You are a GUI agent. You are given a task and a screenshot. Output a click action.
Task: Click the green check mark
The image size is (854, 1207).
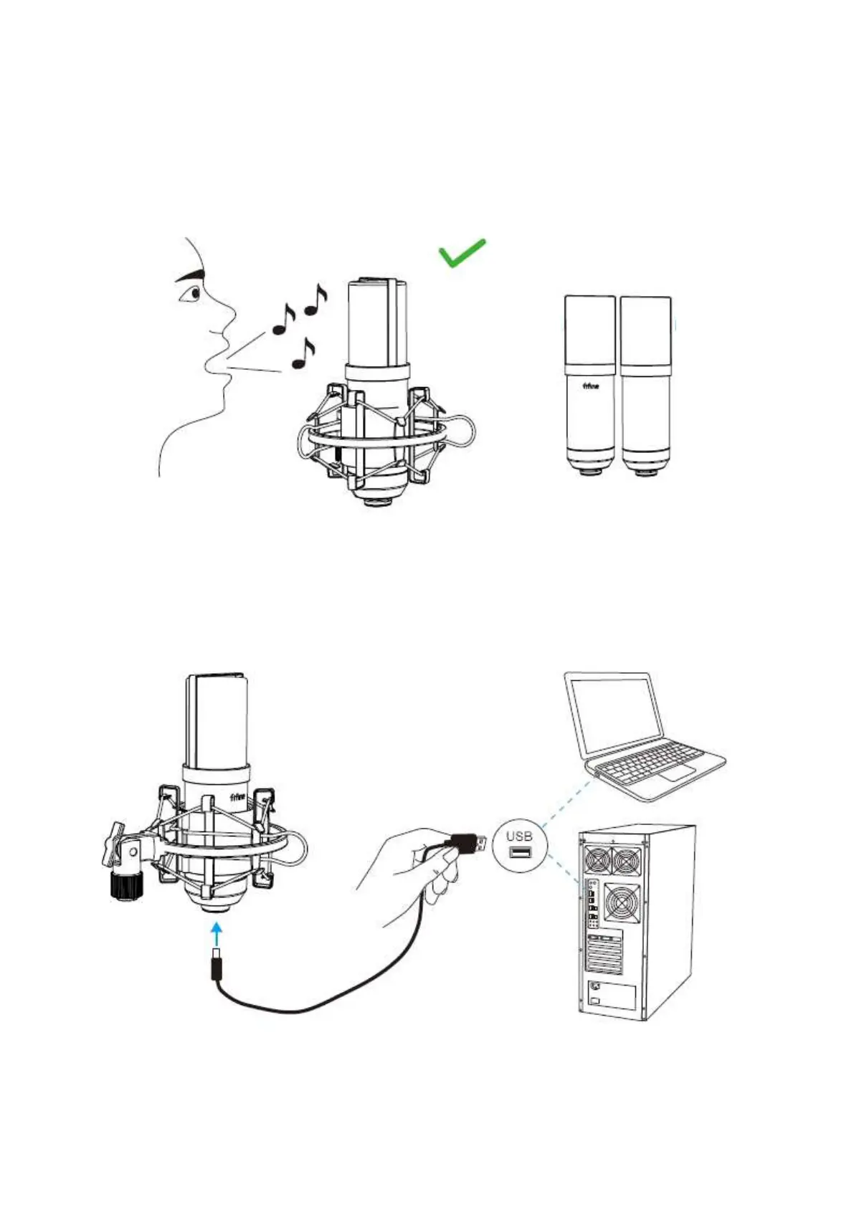[x=461, y=253]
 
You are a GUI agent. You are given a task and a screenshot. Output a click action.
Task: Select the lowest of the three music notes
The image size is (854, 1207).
[x=303, y=356]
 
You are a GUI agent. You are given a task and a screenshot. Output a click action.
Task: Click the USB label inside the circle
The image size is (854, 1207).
[x=519, y=836]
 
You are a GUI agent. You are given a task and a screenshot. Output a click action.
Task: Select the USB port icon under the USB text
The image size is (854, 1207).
[x=520, y=852]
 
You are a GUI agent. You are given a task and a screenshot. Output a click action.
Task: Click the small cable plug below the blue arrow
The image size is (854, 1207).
[x=216, y=965]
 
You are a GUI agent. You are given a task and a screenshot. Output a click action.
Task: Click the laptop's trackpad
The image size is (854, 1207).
[x=677, y=773]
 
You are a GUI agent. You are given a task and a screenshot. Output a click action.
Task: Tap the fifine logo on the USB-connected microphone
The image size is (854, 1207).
[x=237, y=798]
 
